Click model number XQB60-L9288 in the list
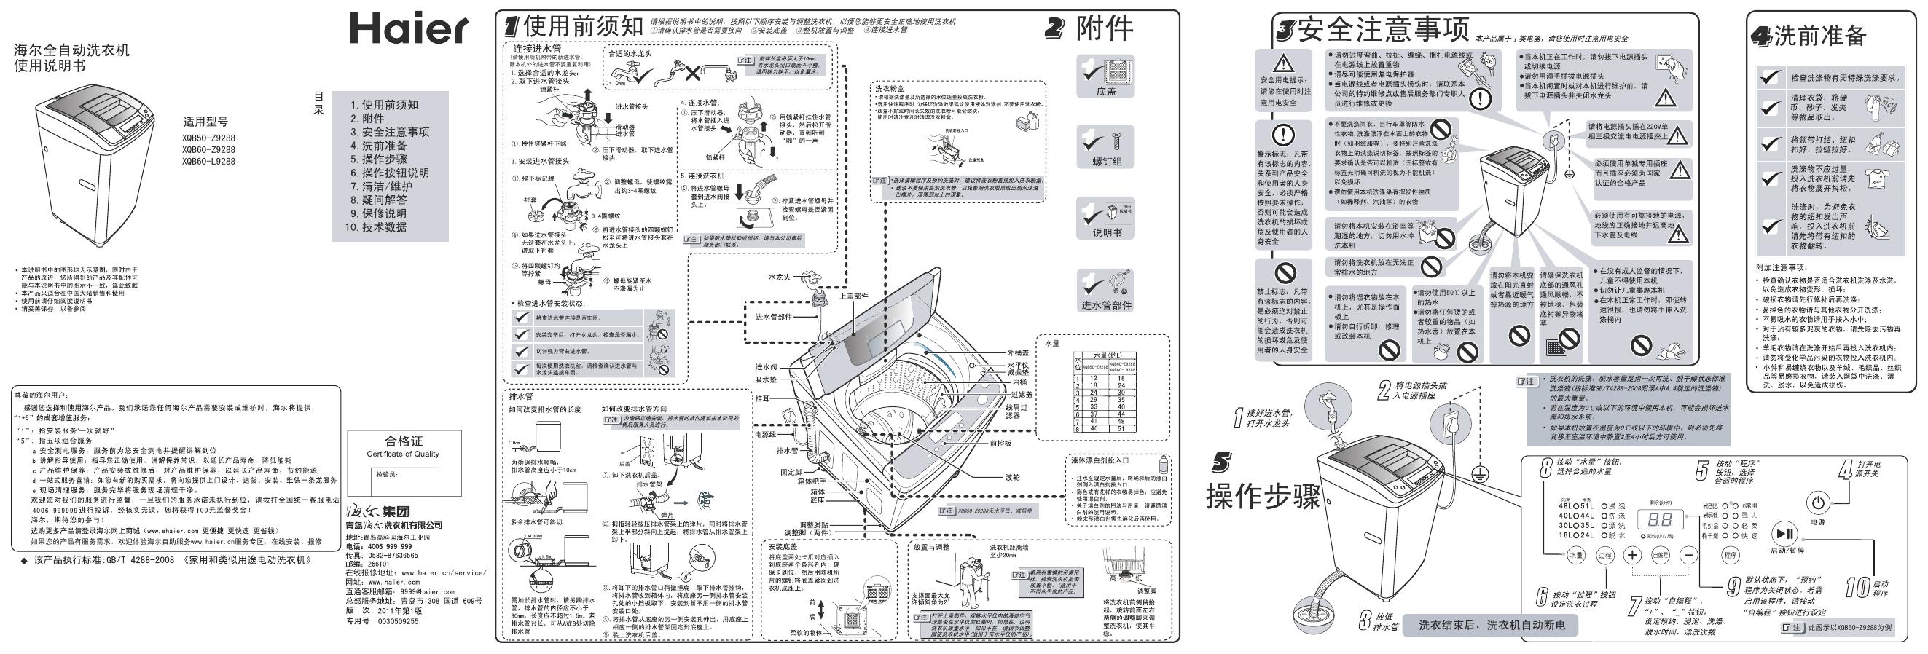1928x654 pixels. [x=208, y=161]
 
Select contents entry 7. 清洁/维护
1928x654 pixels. [x=382, y=186]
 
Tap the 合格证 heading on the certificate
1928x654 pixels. [x=404, y=441]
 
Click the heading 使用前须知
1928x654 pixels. [x=583, y=26]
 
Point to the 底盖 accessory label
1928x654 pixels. [x=1105, y=92]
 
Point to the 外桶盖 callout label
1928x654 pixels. [x=1019, y=352]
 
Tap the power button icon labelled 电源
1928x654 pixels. [x=1817, y=502]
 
